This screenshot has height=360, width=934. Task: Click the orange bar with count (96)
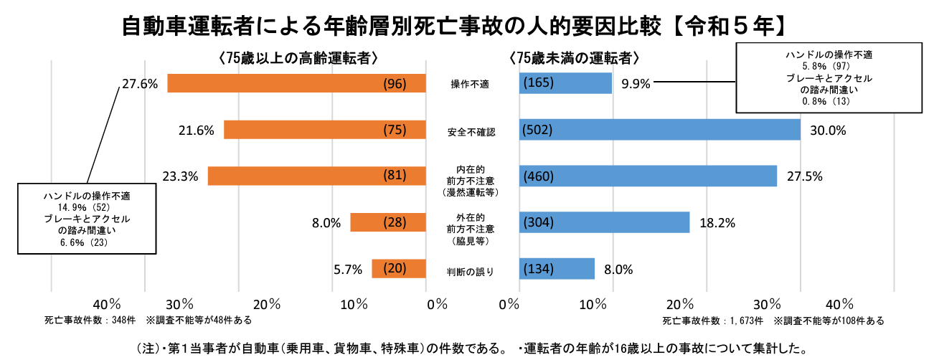(x=296, y=83)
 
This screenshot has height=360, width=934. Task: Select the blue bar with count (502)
(x=659, y=130)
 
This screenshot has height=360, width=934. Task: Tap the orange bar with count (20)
(x=399, y=269)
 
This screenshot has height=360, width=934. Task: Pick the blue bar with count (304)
(x=604, y=222)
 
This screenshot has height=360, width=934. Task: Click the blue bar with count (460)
(x=648, y=176)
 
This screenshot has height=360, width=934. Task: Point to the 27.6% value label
(x=140, y=84)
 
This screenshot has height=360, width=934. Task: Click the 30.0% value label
(x=828, y=131)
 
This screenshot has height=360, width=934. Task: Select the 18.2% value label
(x=717, y=223)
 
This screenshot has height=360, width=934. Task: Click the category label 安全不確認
(x=471, y=132)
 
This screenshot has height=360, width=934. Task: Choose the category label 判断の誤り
(x=471, y=271)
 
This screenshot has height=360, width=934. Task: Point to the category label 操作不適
(x=470, y=85)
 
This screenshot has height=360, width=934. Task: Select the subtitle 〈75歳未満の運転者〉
(x=573, y=58)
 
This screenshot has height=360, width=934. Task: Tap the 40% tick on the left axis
(x=106, y=303)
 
